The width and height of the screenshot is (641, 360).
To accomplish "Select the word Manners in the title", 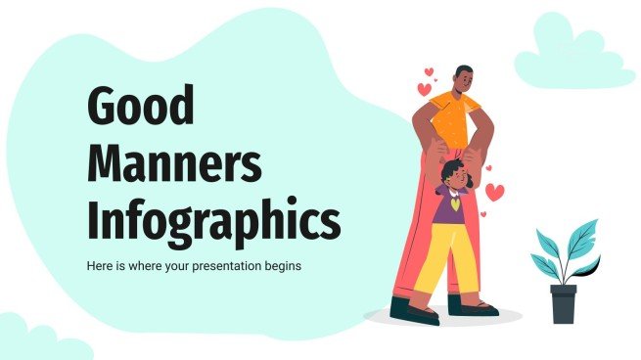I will point(174,166).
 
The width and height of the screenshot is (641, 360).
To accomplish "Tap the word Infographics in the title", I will point(213,222).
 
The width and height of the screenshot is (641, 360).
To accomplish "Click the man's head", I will point(463,77).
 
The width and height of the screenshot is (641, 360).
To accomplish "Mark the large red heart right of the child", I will point(495,193).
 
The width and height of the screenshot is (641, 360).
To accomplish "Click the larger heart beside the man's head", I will point(425,89).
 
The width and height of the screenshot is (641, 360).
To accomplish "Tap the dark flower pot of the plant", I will point(563,303).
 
